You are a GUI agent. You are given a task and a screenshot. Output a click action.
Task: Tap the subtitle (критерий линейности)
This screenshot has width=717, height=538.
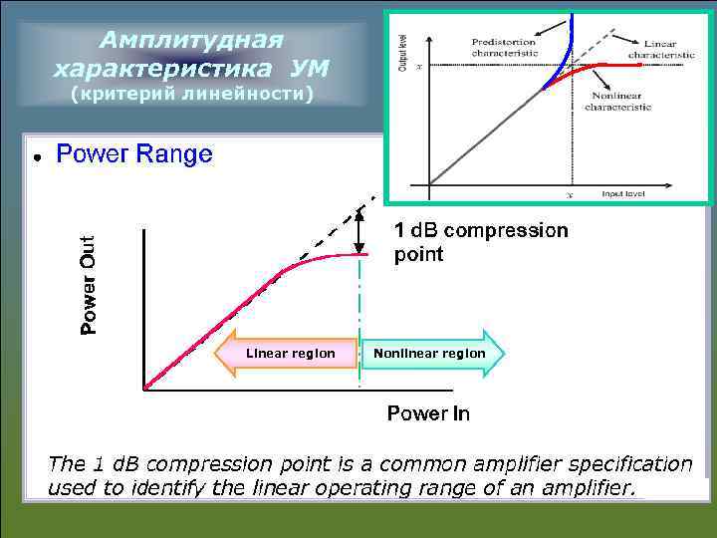point(192,94)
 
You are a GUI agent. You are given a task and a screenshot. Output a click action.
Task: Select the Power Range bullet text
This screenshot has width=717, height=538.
point(134,154)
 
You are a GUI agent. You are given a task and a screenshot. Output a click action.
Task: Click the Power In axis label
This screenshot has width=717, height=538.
point(428,412)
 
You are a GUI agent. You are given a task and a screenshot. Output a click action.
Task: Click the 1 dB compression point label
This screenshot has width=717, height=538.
point(480,242)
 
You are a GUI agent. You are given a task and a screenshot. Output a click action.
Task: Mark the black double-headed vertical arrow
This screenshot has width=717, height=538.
point(359,235)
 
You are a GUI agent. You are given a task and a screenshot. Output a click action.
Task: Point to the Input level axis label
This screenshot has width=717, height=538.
point(624,193)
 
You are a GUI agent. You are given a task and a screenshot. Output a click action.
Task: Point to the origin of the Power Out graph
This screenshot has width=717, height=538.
point(145,389)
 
